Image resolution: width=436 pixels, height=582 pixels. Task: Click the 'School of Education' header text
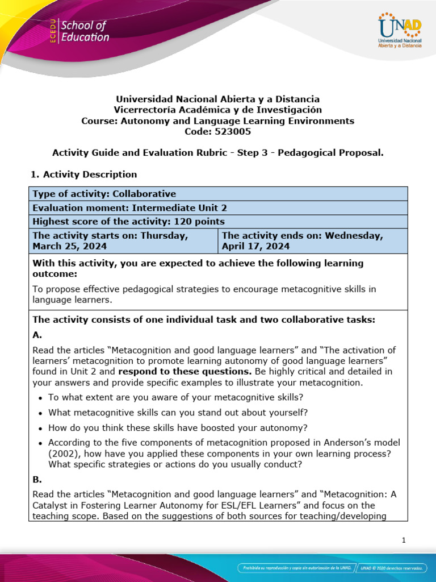pyautogui.click(x=85, y=31)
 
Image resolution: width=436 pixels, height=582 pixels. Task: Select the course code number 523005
pyautogui.click(x=232, y=131)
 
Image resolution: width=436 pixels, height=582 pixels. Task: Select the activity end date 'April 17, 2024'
pyautogui.click(x=256, y=246)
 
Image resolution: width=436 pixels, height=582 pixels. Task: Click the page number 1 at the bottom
pyautogui.click(x=403, y=541)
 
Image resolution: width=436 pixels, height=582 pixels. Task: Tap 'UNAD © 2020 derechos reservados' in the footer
pyautogui.click(x=395, y=568)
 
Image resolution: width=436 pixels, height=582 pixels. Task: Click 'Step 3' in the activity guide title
pyautogui.click(x=274, y=152)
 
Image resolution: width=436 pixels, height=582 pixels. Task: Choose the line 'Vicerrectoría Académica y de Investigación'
pyautogui.click(x=217, y=110)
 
